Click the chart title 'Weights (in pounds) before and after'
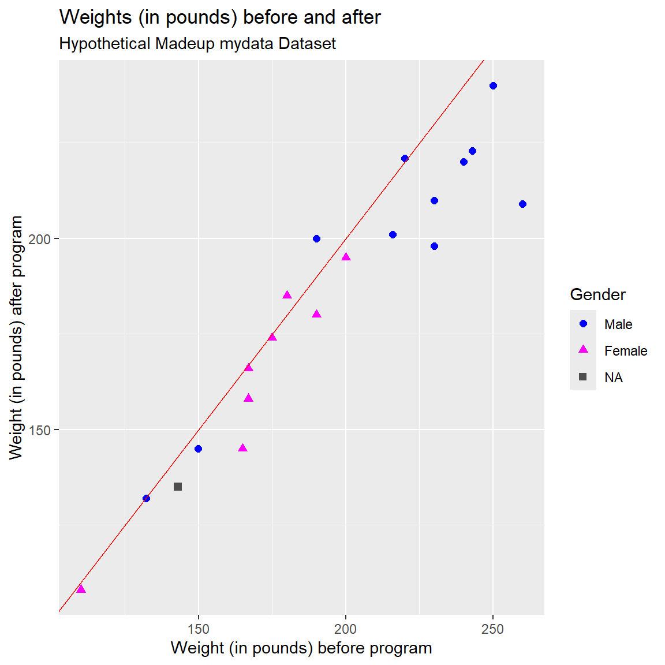point(220,17)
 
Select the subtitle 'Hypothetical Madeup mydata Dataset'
point(197,44)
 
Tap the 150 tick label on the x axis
point(199,629)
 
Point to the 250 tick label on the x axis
point(492,629)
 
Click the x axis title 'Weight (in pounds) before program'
point(301,648)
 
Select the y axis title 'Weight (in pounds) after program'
point(16,338)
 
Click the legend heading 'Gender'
point(597,295)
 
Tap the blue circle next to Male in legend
point(583,324)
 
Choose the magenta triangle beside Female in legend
point(583,350)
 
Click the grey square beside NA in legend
point(583,377)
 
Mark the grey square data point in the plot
point(178,487)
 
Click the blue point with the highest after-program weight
point(493,86)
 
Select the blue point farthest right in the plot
point(522,204)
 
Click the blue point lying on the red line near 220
point(405,158)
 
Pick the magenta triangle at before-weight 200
point(346,257)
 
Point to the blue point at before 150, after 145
point(199,449)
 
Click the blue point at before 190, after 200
point(316,239)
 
